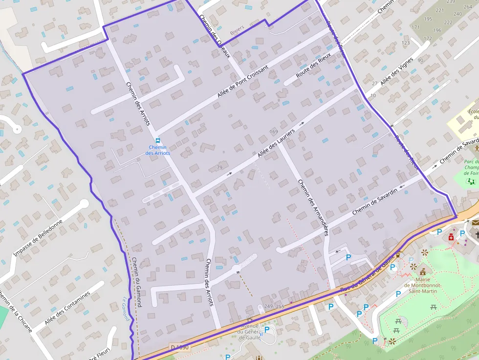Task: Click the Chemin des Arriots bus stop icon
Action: [x=157, y=141]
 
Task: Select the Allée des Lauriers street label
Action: [x=276, y=144]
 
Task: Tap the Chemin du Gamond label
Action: [x=136, y=282]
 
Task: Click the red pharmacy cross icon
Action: [x=451, y=237]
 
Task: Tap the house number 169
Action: [x=274, y=132]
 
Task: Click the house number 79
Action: [x=219, y=168]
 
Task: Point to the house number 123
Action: [x=406, y=43]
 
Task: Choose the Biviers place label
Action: [x=237, y=30]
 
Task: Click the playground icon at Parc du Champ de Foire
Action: [x=471, y=182]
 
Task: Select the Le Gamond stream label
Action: [x=126, y=309]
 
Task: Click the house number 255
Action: [x=280, y=306]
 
